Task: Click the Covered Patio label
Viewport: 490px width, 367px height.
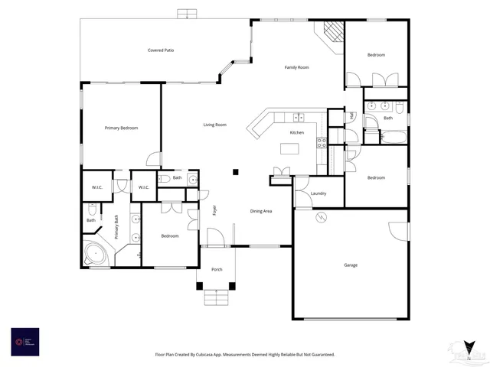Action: (161, 50)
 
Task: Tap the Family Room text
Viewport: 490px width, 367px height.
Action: (296, 68)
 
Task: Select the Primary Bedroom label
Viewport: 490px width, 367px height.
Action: (121, 128)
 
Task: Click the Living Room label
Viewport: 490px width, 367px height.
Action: (214, 125)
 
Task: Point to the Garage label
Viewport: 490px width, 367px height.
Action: (351, 265)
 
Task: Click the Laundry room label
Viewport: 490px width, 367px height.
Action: (318, 193)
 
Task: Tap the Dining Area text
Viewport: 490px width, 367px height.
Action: (261, 211)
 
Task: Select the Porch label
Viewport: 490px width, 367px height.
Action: (217, 269)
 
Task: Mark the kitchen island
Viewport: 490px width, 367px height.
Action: (289, 149)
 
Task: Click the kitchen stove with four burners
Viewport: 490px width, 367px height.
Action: (322, 141)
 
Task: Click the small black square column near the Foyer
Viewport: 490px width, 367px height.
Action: (237, 172)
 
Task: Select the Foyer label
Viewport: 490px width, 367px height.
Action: (215, 209)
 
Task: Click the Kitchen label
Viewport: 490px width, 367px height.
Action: (296, 133)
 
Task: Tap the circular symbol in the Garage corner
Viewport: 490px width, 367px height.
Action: (322, 218)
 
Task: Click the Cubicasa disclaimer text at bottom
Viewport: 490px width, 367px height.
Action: (245, 354)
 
